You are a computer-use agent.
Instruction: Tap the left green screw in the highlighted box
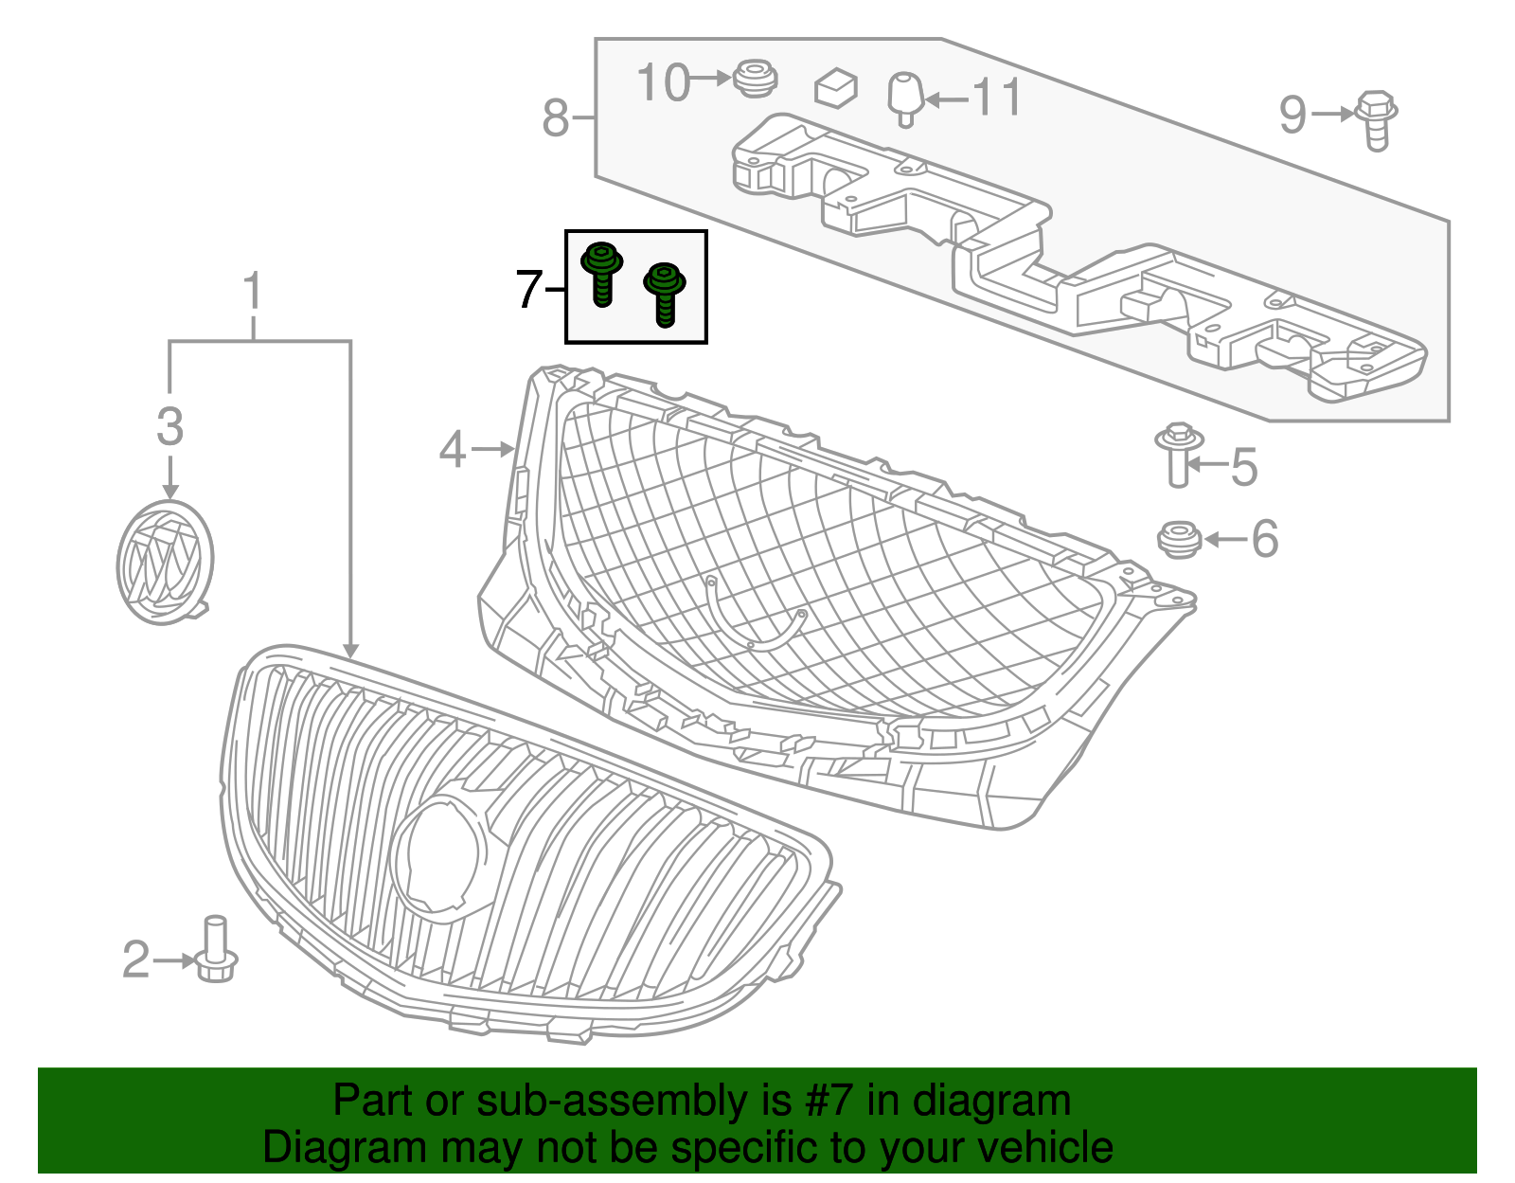pos(601,272)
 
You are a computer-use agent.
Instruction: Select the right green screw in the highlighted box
pos(665,294)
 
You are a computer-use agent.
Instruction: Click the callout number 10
pos(663,82)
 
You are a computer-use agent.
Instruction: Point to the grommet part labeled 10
pos(755,78)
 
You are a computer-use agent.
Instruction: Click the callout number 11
pos(997,98)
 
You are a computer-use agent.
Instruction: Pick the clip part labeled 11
pos(905,98)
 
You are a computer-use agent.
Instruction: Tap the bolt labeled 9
pos(1377,119)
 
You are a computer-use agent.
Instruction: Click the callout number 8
pos(556,119)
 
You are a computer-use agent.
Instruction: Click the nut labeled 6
pos(1180,539)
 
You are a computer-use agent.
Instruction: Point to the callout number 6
pos(1265,539)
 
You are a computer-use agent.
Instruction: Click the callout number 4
pos(453,449)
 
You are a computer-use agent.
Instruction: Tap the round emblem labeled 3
pos(165,563)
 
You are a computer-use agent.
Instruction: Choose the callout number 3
pos(169,426)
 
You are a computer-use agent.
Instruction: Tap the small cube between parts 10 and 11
pos(835,87)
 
